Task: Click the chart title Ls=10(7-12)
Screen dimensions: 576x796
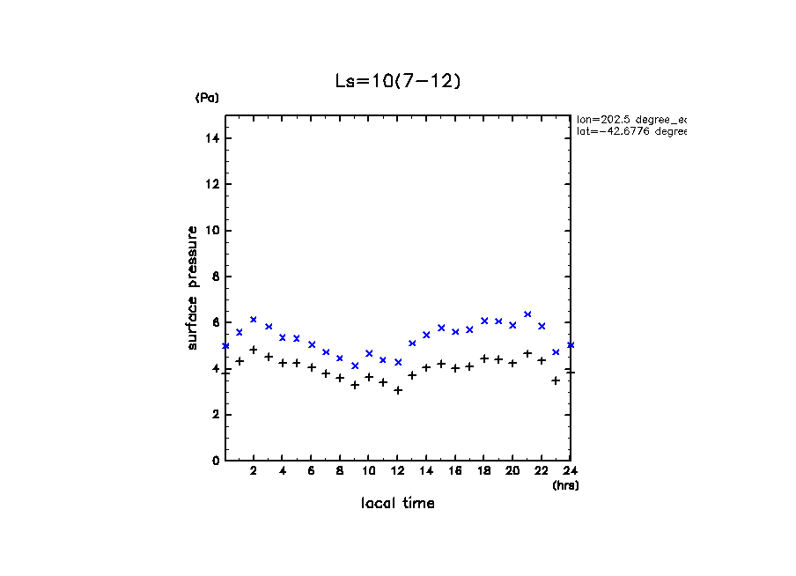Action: (x=398, y=81)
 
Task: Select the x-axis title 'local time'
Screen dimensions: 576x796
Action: (x=398, y=503)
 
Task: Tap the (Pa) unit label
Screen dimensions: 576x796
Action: (x=207, y=98)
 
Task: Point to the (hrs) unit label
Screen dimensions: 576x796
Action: (x=565, y=484)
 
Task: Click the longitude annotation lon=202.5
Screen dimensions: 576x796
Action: (x=630, y=119)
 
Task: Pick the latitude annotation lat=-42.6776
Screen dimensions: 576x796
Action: (x=630, y=131)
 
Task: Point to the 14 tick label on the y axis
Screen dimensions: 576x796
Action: (x=213, y=138)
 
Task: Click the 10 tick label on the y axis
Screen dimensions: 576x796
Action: (x=213, y=231)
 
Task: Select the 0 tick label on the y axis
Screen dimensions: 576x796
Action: (x=216, y=461)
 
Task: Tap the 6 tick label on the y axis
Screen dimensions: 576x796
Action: (x=216, y=322)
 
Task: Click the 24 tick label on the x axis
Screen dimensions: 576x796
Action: (x=570, y=471)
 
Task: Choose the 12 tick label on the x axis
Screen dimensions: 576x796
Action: (x=397, y=471)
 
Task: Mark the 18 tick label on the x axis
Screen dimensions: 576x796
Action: (x=483, y=471)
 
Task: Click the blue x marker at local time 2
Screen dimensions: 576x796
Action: (x=254, y=320)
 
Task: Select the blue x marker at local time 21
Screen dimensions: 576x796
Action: (x=527, y=314)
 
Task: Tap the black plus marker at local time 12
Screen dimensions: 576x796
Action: (x=398, y=390)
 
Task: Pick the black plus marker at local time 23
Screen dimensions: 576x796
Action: (x=556, y=380)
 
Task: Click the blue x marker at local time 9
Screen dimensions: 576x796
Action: (x=355, y=366)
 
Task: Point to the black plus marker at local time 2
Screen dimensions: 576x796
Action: (x=254, y=350)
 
